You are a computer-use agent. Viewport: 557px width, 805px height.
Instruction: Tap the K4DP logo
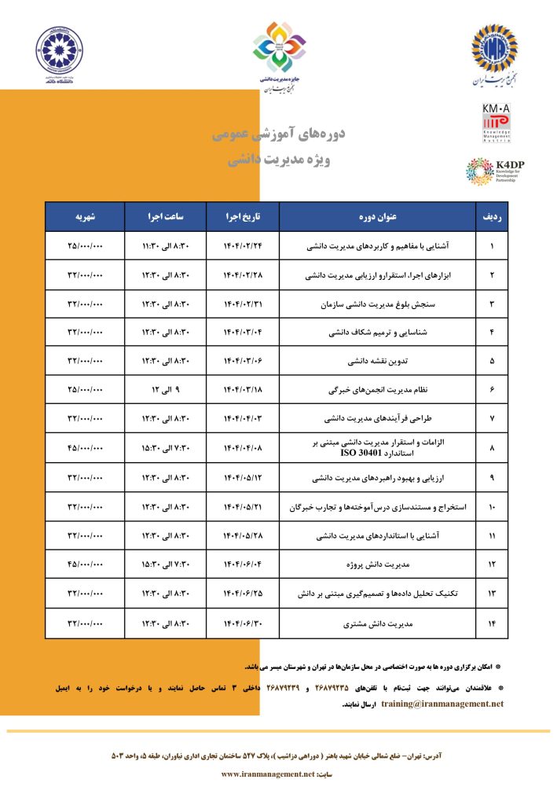(490, 171)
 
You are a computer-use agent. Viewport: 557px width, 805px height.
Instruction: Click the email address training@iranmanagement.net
(442, 704)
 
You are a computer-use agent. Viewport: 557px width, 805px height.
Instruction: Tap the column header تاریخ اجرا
(242, 216)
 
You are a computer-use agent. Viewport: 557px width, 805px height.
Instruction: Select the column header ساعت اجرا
(165, 216)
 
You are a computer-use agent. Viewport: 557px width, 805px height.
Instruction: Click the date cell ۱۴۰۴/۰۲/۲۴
(242, 246)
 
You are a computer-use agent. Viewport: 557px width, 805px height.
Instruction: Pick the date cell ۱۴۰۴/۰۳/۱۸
(242, 390)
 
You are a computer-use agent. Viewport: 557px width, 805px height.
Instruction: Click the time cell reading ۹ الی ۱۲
(165, 390)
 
